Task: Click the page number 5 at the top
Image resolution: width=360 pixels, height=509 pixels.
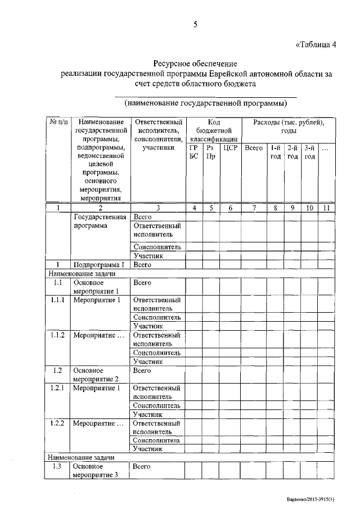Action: [x=196, y=24]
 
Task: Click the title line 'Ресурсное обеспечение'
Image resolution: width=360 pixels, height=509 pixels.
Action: [x=196, y=64]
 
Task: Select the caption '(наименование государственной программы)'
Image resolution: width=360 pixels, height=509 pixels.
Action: [x=205, y=103]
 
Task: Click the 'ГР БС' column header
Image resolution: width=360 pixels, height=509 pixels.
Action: [x=194, y=152]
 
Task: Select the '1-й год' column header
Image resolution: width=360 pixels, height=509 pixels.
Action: [x=275, y=152]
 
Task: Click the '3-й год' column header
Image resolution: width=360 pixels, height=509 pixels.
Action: [x=309, y=152]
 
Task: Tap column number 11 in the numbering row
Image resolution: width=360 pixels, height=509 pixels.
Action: [x=326, y=208]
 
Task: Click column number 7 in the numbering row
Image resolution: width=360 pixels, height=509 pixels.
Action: [x=254, y=208]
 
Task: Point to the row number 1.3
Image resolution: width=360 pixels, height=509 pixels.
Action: [x=57, y=467]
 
